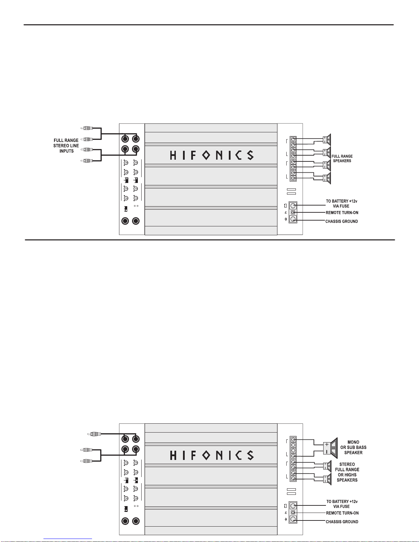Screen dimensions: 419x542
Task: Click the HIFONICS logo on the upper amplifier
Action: (x=212, y=155)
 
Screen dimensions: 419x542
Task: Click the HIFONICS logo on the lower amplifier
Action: (x=212, y=455)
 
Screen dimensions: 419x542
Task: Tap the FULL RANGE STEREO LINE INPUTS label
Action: (x=66, y=146)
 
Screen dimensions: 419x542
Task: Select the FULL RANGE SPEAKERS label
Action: (x=342, y=159)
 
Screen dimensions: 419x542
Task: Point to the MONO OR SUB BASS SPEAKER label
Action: (x=353, y=447)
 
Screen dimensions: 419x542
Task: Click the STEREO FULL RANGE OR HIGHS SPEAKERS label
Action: (x=347, y=472)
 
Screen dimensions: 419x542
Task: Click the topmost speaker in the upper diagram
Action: (x=327, y=140)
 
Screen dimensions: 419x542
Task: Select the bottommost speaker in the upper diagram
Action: (x=327, y=178)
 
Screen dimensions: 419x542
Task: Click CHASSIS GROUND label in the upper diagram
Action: (x=341, y=221)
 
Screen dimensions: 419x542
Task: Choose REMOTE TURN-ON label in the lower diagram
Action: (x=342, y=513)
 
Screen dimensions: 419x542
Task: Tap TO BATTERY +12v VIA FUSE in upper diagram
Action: (x=341, y=203)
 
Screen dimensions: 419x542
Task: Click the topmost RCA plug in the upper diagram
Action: (x=87, y=128)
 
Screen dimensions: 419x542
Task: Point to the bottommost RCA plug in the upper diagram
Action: (x=87, y=161)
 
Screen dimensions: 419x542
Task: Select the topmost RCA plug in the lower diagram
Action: (x=94, y=434)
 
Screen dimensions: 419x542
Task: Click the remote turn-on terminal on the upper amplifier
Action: (x=293, y=212)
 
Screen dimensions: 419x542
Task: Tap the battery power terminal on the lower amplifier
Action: (x=293, y=506)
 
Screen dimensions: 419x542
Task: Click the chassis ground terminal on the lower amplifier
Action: (x=293, y=519)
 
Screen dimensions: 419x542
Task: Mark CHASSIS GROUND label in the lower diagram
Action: (x=342, y=521)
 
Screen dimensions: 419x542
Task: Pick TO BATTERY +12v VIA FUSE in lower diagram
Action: (x=342, y=504)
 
